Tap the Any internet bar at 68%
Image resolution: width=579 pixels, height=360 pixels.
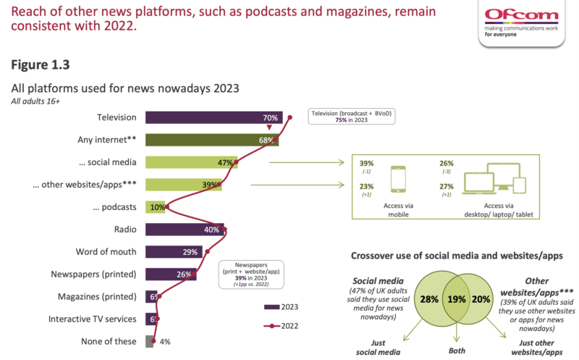click(212, 140)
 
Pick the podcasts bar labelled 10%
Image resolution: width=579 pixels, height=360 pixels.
click(156, 207)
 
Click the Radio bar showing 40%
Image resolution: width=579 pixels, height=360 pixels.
click(184, 230)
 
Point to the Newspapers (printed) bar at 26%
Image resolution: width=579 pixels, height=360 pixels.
click(169, 275)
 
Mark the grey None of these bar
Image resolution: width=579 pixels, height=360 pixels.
click(150, 341)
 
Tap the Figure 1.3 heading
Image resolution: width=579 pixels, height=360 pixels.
click(40, 64)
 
